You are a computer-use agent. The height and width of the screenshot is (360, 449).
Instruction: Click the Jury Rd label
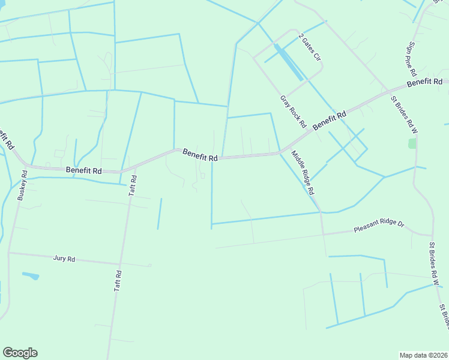click(x=64, y=259)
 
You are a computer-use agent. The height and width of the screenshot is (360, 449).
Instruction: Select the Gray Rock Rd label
click(x=294, y=112)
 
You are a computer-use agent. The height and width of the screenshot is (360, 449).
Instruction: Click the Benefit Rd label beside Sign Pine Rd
click(x=424, y=82)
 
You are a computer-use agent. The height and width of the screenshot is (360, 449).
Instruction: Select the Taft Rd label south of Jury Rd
click(x=118, y=281)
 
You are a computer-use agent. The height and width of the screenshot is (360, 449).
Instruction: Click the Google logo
click(x=20, y=353)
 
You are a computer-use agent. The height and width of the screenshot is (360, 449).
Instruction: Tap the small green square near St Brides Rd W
click(x=412, y=143)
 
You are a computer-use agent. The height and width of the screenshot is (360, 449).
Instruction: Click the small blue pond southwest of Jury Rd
click(x=31, y=276)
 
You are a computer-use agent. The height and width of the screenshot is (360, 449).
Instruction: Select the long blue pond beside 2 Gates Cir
click(x=288, y=62)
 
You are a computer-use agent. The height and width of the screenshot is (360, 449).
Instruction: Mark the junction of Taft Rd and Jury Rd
click(x=120, y=263)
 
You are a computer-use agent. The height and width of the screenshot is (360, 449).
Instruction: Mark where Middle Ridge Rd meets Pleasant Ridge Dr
click(x=324, y=233)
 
